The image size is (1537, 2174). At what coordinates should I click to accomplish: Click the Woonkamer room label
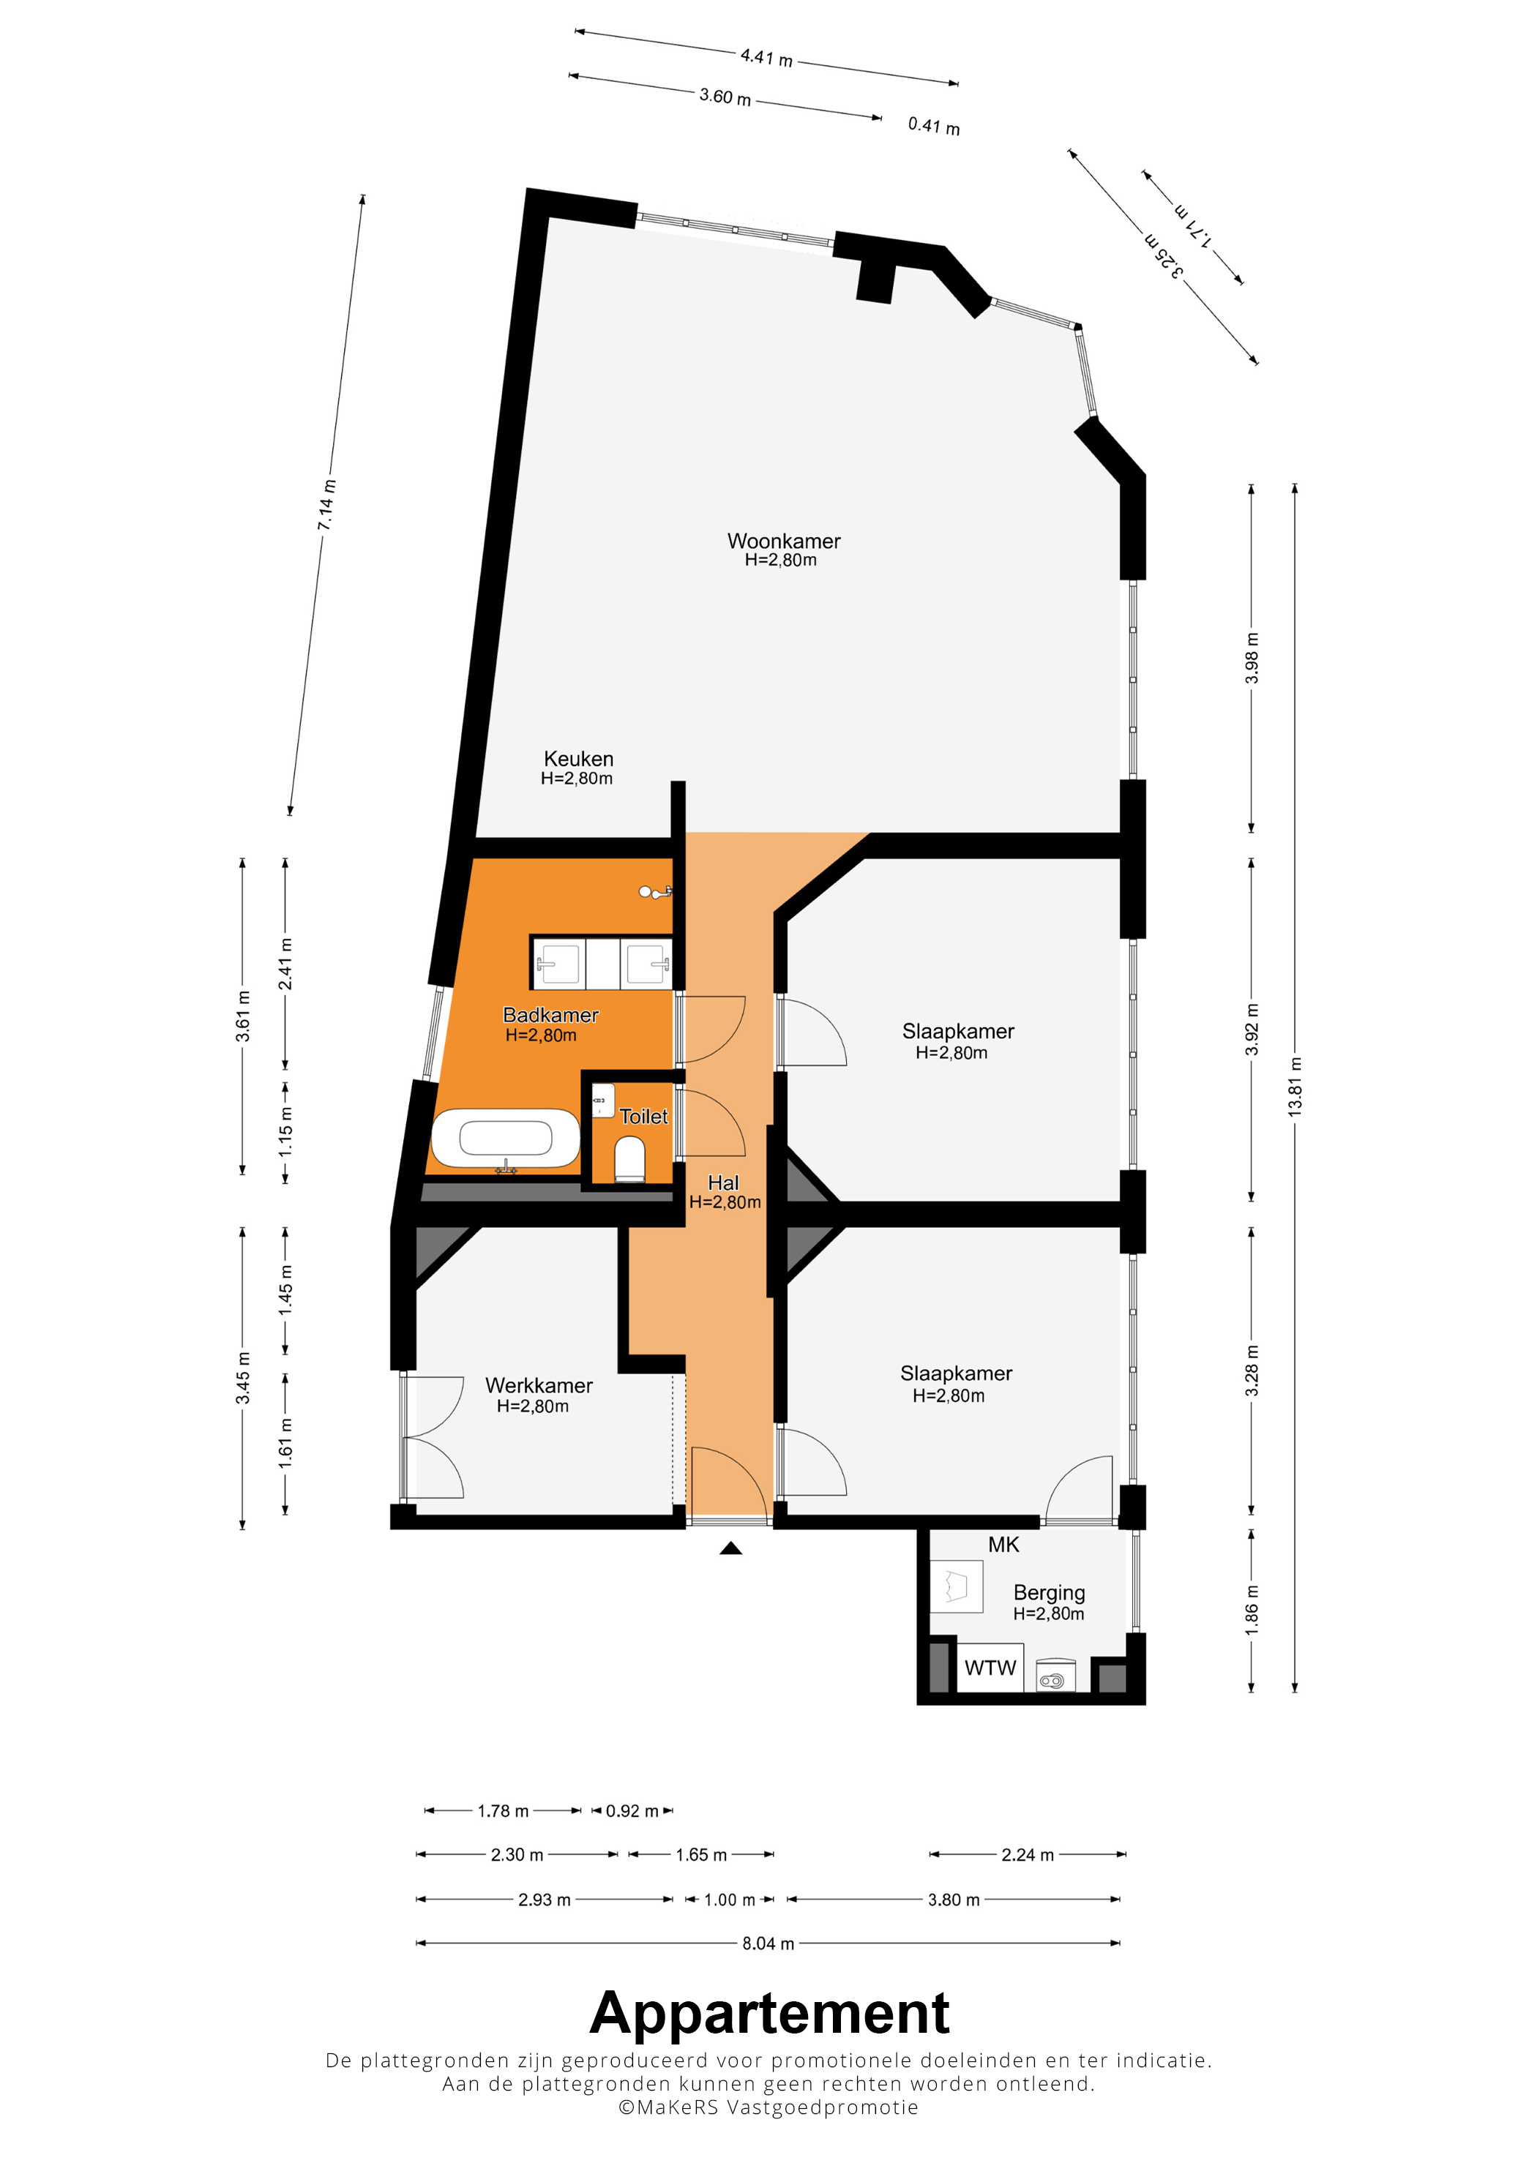783,541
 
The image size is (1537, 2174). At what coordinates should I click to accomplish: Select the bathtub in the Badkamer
506,1139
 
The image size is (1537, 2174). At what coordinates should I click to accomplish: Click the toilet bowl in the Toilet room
629,1160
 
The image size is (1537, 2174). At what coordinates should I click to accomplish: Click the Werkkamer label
539,1385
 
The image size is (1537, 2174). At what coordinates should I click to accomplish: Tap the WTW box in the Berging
990,1668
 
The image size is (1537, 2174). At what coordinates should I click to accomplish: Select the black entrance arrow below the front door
730,1548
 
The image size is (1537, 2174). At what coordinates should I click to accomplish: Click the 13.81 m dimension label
1295,1087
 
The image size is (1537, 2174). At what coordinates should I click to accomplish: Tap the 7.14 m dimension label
326,505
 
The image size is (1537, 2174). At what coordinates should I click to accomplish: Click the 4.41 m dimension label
767,58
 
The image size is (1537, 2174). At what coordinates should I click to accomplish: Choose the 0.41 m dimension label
934,126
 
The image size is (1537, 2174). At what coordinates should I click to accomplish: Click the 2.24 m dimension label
1028,1854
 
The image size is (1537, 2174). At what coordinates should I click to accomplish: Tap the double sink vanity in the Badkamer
602,963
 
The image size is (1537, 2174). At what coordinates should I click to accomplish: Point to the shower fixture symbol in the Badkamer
654,891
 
